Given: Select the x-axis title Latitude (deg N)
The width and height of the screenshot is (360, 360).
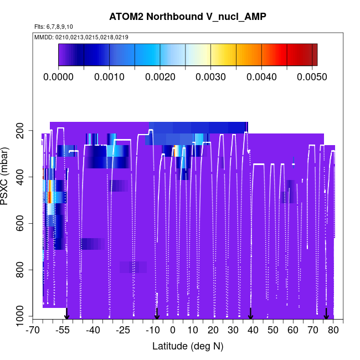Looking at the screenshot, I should click(x=188, y=346).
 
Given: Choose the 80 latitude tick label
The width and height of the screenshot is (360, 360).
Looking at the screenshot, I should click(x=333, y=331).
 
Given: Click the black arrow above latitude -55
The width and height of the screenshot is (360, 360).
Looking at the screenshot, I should click(x=66, y=314).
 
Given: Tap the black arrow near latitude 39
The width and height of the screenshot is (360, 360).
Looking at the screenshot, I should click(x=250, y=314).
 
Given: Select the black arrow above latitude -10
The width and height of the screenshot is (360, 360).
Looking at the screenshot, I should click(x=157, y=314).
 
